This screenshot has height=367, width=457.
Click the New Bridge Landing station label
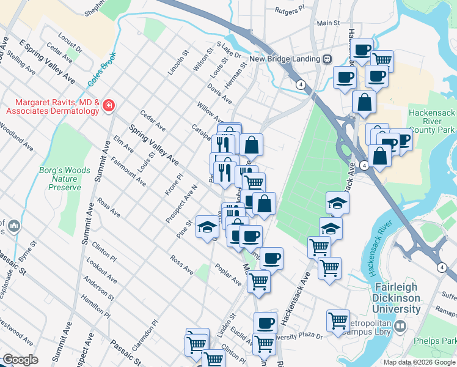[x=285, y=59]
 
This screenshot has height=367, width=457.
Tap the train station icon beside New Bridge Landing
[x=327, y=59]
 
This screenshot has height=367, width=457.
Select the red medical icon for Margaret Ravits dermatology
[x=108, y=105]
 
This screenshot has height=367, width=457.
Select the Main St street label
[x=328, y=23]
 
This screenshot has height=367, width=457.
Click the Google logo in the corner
[x=20, y=360]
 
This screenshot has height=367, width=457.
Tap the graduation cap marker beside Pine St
[x=207, y=227]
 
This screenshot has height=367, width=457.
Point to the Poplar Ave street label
[x=228, y=275]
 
